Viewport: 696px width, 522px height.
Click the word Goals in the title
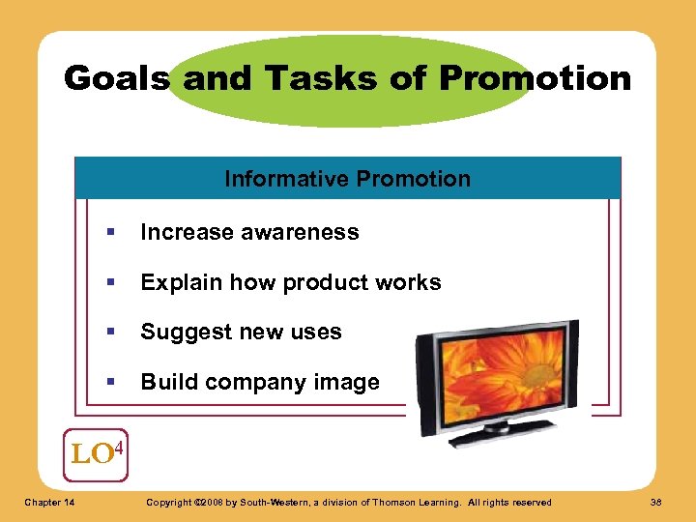tap(117, 77)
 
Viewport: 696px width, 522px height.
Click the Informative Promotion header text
tap(347, 179)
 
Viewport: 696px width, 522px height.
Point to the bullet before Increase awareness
tap(113, 233)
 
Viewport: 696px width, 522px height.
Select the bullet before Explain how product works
tap(113, 283)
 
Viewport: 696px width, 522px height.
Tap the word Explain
tap(176, 282)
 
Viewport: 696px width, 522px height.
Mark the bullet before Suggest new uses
tap(113, 333)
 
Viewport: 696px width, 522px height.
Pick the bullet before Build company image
tap(113, 383)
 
